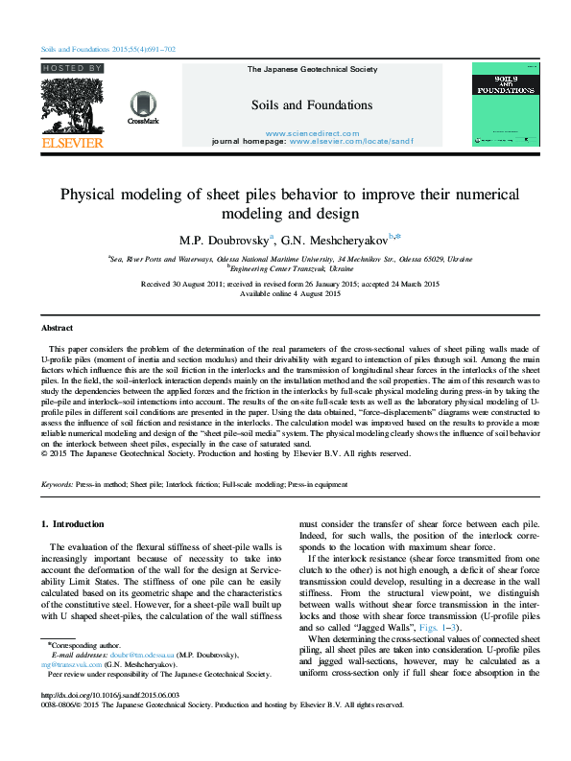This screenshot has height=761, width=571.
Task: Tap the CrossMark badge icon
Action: pos(143,107)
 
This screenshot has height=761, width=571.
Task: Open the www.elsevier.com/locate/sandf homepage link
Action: pos(350,141)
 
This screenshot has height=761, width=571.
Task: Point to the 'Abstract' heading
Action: pos(59,327)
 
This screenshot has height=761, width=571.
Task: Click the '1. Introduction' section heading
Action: pos(75,524)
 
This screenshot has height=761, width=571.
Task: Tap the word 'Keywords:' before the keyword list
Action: pos(59,485)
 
